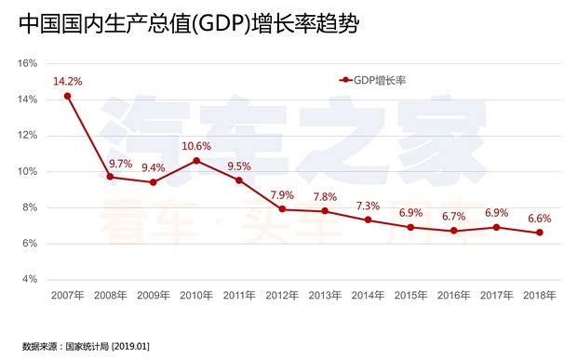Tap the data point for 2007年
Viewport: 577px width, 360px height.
(x=67, y=96)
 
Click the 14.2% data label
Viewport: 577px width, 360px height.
(x=67, y=81)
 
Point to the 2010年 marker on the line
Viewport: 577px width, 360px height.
(x=195, y=160)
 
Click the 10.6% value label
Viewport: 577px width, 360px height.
(x=195, y=146)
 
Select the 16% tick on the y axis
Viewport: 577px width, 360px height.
(x=28, y=63)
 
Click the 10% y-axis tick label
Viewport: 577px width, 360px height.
(x=28, y=171)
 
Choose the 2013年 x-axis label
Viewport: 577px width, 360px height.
(x=325, y=296)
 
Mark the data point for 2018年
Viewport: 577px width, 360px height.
(x=539, y=233)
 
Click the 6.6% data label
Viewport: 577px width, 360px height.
(x=539, y=219)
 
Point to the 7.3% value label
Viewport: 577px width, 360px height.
(x=368, y=206)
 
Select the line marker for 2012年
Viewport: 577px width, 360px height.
(x=281, y=209)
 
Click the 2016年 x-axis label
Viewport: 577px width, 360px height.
(x=453, y=296)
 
